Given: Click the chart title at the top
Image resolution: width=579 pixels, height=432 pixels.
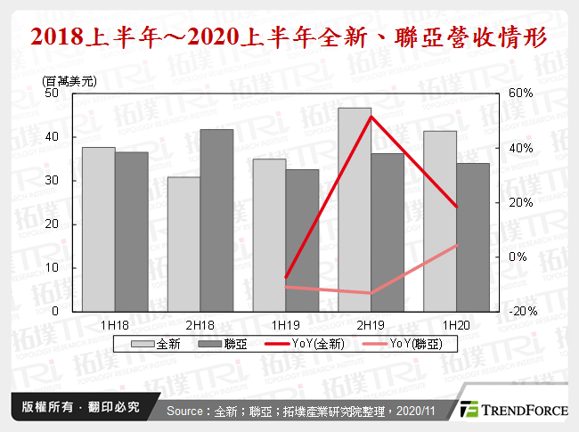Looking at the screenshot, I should tap(289, 38).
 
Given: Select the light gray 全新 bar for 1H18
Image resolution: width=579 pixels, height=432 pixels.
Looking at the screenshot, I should tap(98, 229).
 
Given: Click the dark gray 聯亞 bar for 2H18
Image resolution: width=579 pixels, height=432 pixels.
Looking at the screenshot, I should tap(216, 220).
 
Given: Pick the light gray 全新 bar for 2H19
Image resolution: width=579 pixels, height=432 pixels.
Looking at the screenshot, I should tap(355, 209).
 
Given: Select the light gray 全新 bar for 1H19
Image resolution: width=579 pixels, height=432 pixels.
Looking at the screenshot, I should tap(269, 235).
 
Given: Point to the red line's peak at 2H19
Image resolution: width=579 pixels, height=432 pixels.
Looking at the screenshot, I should tap(371, 117).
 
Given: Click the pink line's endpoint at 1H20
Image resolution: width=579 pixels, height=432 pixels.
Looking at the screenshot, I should tap(457, 245).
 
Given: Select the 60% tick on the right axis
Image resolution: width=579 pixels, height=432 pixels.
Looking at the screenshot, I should tap(520, 93).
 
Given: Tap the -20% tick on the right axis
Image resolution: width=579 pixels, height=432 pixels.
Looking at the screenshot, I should tap(520, 312).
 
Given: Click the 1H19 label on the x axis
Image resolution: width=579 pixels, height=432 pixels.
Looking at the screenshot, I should tap(284, 326).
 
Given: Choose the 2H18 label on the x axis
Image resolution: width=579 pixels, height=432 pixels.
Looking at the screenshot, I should tap(200, 326).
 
